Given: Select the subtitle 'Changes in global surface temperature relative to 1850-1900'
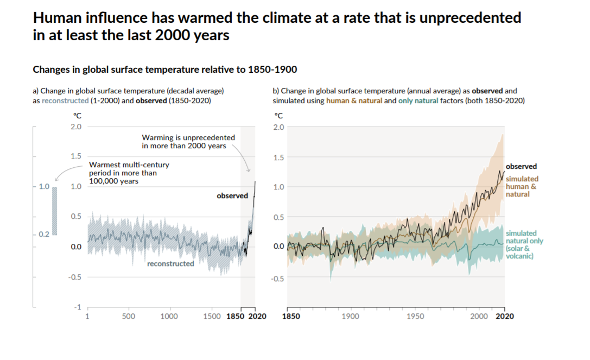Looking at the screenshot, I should click(x=165, y=70).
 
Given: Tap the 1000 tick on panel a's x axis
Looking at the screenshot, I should click(x=169, y=317).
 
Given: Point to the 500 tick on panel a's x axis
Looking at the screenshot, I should click(x=129, y=317).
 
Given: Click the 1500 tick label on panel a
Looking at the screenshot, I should click(x=212, y=317).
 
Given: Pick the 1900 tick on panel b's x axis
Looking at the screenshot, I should click(x=351, y=316).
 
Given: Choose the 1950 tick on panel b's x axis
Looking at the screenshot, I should click(x=415, y=316).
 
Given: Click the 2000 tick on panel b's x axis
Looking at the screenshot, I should click(x=479, y=316).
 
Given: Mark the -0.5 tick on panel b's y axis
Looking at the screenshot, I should click(x=278, y=278).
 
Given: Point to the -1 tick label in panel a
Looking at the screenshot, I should click(x=78, y=307).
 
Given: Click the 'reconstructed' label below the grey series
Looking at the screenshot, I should click(x=170, y=264).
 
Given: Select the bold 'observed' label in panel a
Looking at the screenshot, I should click(x=232, y=196).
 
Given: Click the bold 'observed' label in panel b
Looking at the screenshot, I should click(x=521, y=167).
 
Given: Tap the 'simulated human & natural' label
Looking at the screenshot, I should click(x=522, y=186).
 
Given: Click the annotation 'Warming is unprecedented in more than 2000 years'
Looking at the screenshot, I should click(x=188, y=142).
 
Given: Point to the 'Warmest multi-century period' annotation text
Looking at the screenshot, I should click(x=129, y=173).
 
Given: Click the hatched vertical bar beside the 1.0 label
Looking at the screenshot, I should click(x=54, y=211).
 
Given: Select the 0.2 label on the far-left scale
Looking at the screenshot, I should click(x=44, y=234).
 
